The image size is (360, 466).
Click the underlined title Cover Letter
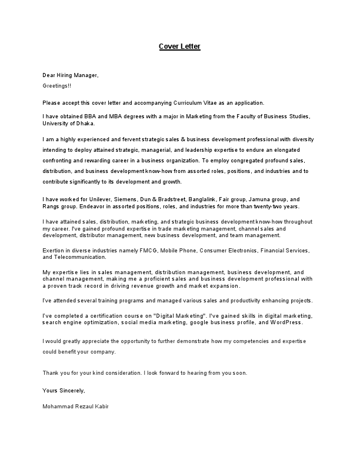coord(179,46)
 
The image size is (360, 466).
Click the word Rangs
coord(51,207)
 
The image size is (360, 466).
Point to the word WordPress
coord(286,323)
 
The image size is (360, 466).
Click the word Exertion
coord(54,251)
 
